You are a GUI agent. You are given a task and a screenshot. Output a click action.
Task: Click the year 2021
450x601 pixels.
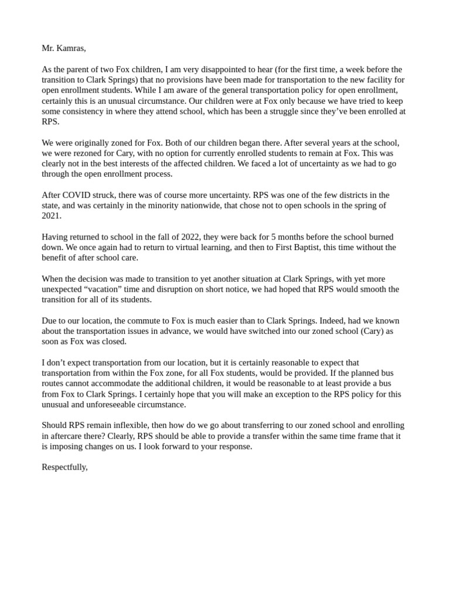tap(52, 216)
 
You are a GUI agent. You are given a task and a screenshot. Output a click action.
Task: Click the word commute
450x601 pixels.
tap(147, 320)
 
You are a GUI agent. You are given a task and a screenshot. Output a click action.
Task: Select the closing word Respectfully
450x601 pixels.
tap(64, 467)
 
